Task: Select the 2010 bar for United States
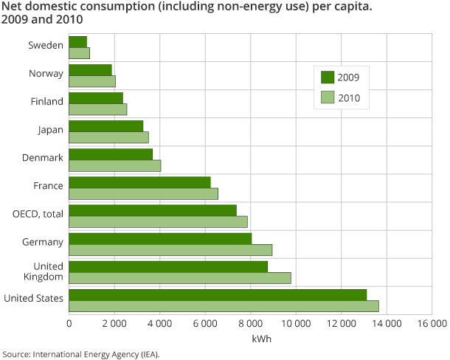point(224,306)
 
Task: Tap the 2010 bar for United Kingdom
point(180,278)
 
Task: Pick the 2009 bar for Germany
point(160,238)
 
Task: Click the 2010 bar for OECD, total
point(158,222)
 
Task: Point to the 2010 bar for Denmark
point(114,165)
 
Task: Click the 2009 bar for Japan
point(105,126)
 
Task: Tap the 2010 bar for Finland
point(97,109)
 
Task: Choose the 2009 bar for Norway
point(90,69)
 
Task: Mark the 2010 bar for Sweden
point(79,53)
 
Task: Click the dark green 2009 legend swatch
point(328,77)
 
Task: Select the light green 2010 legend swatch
point(328,97)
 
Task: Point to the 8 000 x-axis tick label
point(250,323)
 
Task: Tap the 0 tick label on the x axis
point(69,323)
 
